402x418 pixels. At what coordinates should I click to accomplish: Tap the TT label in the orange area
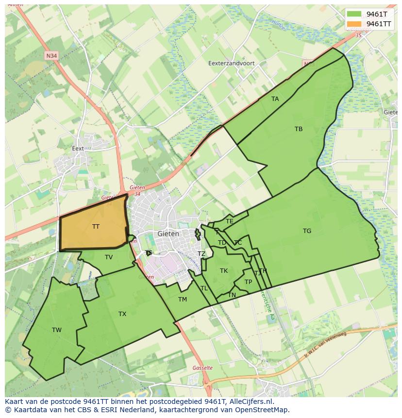tap(96, 227)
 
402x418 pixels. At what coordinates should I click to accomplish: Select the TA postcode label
tap(275, 99)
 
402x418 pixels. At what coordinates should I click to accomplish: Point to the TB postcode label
tap(299, 129)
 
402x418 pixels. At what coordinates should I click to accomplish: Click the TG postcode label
tap(307, 231)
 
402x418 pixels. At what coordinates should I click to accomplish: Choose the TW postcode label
tap(57, 330)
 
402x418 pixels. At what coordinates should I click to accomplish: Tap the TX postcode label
tap(122, 314)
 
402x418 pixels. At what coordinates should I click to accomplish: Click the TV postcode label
tap(109, 257)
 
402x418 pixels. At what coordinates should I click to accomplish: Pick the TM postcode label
tap(183, 300)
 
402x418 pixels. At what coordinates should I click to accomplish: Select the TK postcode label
tap(224, 271)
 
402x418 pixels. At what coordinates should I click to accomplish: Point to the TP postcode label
tap(249, 282)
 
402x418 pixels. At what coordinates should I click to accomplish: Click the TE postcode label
tap(230, 221)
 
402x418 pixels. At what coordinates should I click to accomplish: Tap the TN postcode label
tap(232, 295)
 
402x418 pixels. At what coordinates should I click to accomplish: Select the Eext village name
tap(78, 149)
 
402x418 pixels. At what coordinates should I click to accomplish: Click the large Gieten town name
tap(168, 234)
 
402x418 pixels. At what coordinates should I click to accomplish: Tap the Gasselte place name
tap(202, 368)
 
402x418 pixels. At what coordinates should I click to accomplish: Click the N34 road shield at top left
tap(51, 56)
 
